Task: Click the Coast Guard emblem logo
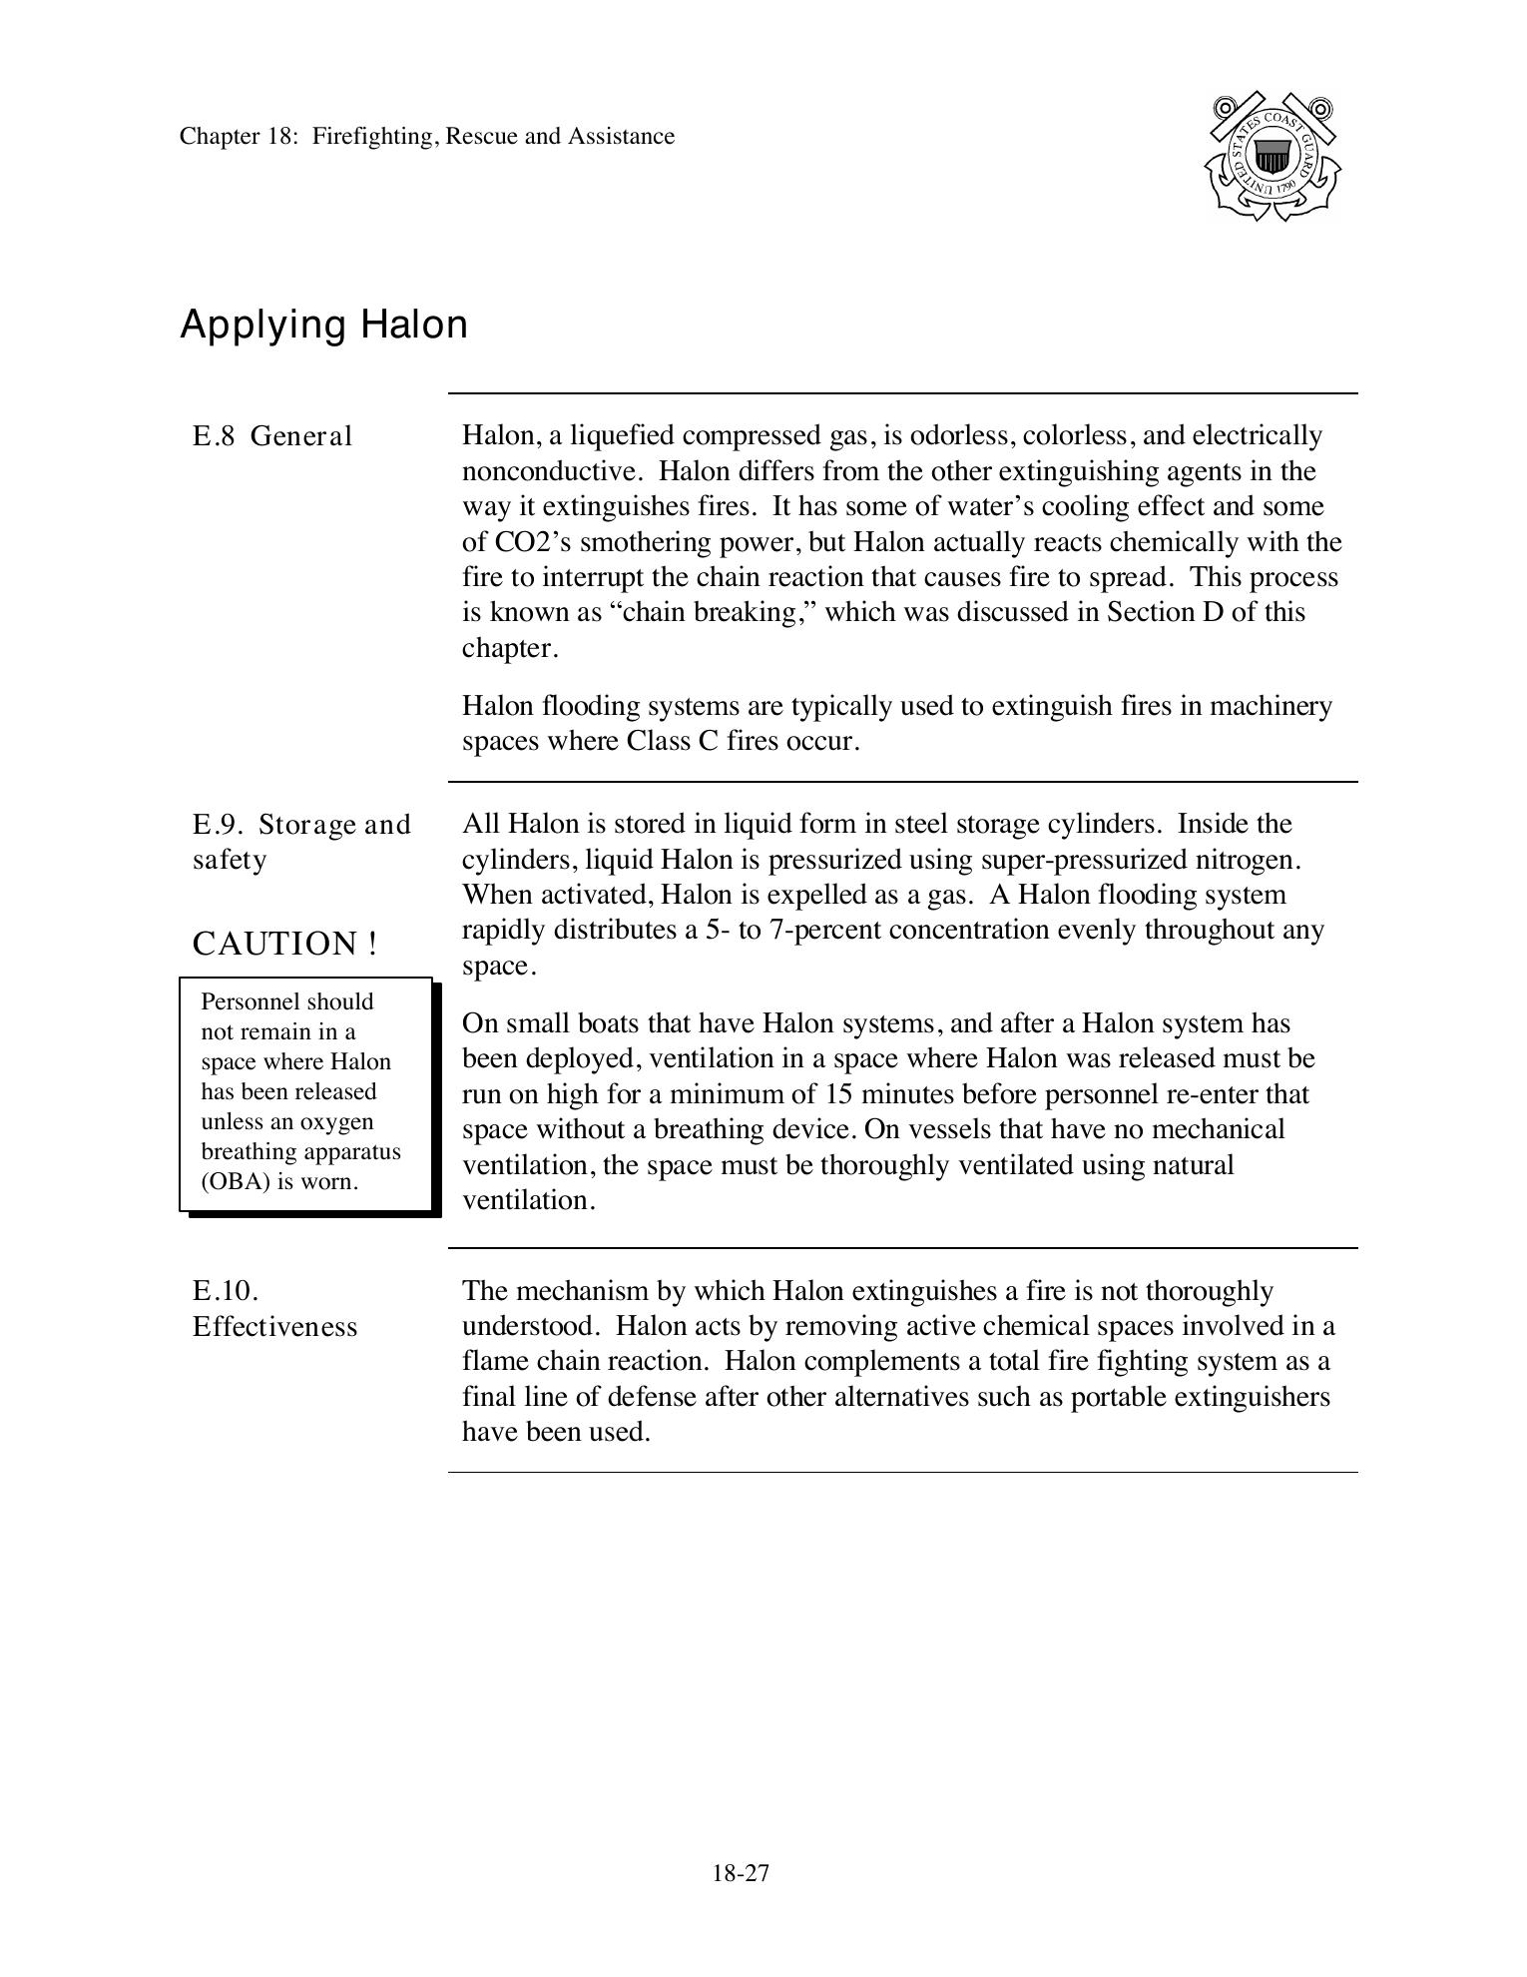[x=1272, y=157]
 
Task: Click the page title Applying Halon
[x=323, y=326]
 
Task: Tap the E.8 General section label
[x=272, y=436]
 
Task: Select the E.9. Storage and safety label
[x=301, y=842]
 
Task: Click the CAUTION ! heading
[x=284, y=944]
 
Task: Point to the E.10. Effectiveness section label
[x=274, y=1309]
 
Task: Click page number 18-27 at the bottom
[x=741, y=1873]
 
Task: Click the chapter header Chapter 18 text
[x=426, y=137]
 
